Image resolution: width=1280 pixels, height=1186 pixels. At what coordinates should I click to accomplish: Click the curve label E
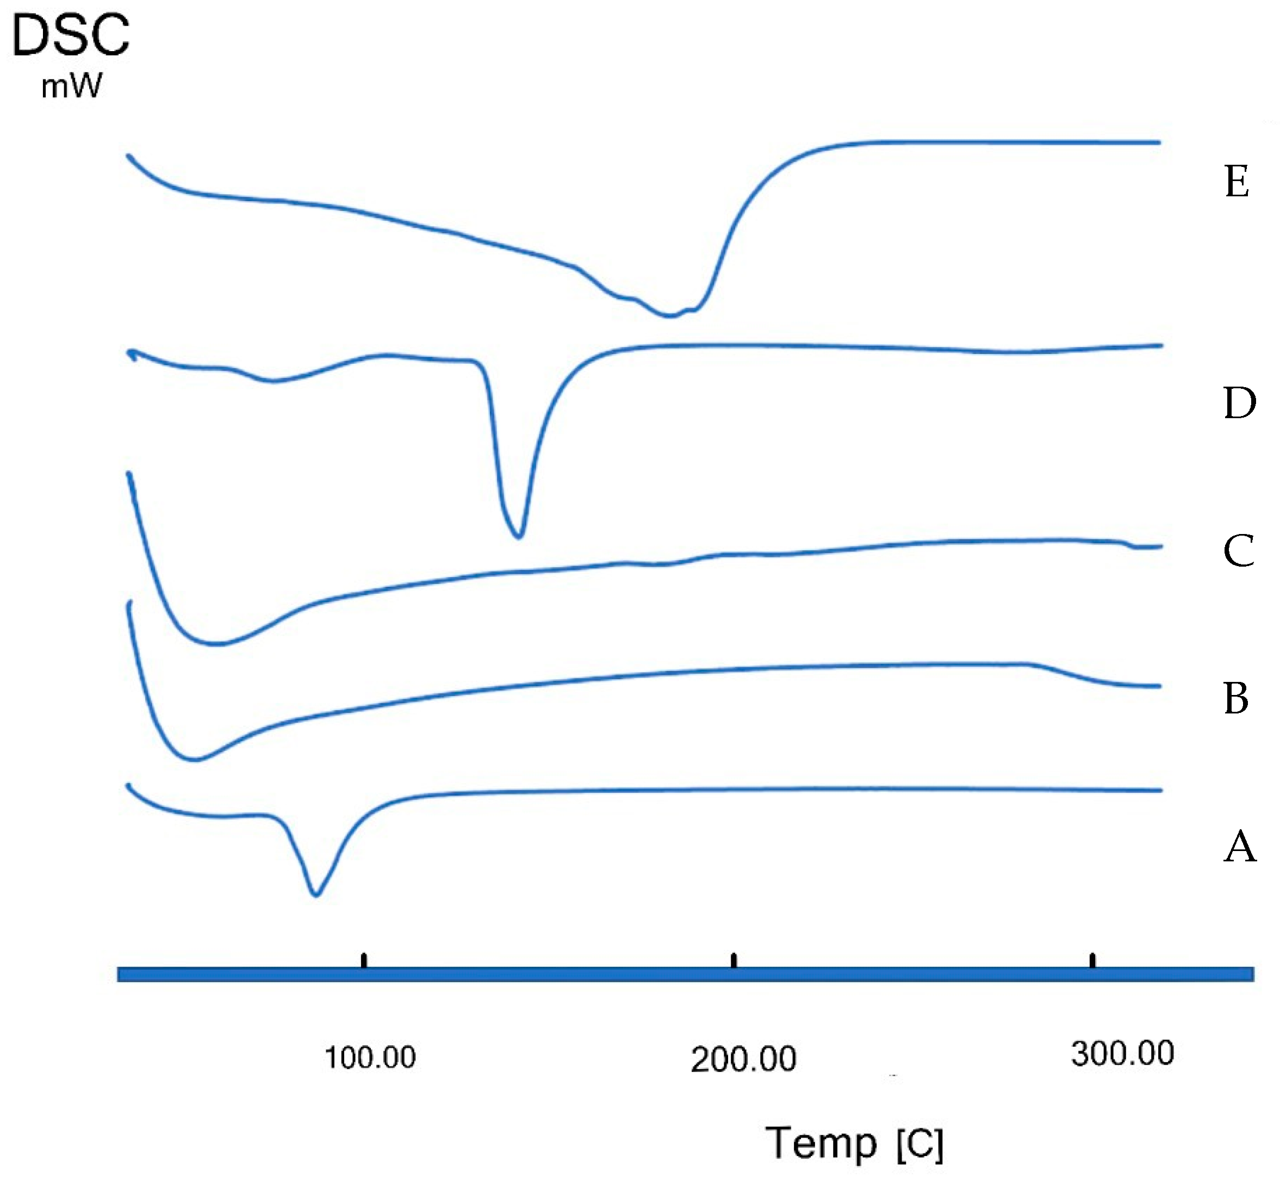point(1236,181)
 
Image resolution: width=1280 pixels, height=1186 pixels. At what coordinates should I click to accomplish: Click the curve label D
point(1239,403)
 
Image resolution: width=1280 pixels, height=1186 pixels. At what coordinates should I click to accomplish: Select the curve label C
point(1238,551)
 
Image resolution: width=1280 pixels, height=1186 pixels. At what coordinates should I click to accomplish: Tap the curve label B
point(1236,698)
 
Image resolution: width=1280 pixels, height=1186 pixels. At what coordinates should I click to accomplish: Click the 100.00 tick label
point(370,1057)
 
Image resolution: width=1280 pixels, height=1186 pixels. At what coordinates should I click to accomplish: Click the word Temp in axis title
point(821,1143)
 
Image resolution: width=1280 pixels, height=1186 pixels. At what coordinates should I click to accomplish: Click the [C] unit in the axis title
point(920,1144)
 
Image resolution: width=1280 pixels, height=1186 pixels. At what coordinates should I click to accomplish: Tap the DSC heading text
point(71,35)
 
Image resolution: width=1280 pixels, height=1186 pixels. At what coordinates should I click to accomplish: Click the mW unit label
point(71,86)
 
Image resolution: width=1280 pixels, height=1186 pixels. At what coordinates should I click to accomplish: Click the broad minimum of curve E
point(669,315)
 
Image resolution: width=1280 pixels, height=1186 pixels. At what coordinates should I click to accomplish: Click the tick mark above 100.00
point(364,961)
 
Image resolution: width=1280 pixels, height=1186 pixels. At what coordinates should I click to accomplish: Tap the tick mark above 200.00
point(734,961)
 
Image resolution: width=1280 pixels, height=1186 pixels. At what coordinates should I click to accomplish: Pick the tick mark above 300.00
point(1092,961)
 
